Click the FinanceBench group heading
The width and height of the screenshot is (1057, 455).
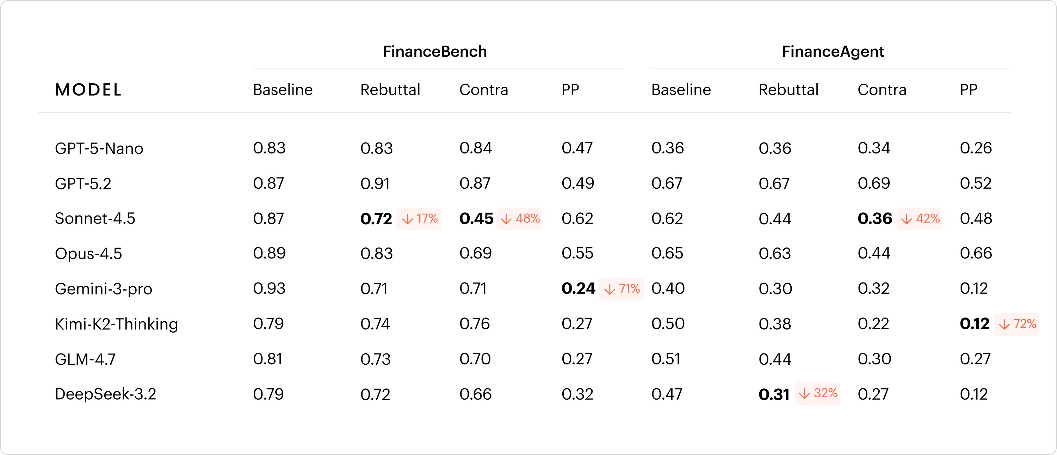(x=434, y=52)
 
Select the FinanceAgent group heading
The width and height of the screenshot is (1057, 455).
(x=833, y=52)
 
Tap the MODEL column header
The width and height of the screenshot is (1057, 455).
(x=88, y=90)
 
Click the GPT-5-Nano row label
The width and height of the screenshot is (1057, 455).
(x=99, y=148)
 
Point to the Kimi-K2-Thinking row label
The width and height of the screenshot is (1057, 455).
(x=117, y=324)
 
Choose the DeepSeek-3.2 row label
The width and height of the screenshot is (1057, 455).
(x=105, y=394)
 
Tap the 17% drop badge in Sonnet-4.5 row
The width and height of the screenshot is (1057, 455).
(x=419, y=218)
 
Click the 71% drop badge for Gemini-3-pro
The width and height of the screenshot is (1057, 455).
(x=621, y=289)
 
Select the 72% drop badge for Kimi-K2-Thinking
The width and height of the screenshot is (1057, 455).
(x=1016, y=324)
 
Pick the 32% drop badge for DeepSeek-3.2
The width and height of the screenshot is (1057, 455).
(x=817, y=393)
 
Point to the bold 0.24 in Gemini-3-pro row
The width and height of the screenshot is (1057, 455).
(x=578, y=289)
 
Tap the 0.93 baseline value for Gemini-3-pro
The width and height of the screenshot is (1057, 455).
(x=269, y=289)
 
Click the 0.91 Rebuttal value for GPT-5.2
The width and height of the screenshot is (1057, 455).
(x=375, y=183)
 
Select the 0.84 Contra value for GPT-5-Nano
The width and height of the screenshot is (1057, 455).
(x=476, y=148)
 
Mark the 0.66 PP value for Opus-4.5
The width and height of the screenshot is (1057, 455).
(x=976, y=253)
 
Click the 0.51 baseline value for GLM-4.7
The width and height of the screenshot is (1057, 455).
(x=666, y=359)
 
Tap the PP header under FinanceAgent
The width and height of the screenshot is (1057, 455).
(x=968, y=90)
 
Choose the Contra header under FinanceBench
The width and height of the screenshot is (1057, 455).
(x=484, y=90)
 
